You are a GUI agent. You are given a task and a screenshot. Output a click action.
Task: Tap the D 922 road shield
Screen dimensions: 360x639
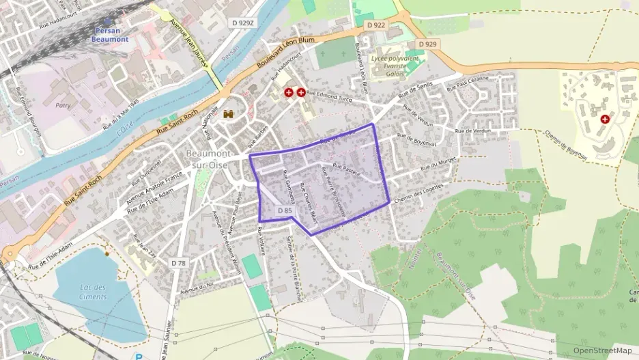pyautogui.click(x=375, y=25)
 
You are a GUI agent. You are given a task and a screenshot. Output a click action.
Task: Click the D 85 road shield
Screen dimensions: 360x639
pyautogui.click(x=285, y=211)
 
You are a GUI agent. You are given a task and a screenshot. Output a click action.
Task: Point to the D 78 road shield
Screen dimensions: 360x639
pyautogui.click(x=178, y=263)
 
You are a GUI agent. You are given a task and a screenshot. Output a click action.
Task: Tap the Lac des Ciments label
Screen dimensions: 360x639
pyautogui.click(x=91, y=292)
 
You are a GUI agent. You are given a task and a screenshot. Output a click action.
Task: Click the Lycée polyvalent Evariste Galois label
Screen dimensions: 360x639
pyautogui.click(x=393, y=67)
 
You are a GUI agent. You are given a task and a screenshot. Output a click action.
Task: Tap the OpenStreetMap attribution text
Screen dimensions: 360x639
pyautogui.click(x=602, y=350)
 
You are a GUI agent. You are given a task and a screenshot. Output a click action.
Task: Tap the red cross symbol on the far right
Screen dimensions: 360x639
pyautogui.click(x=604, y=119)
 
